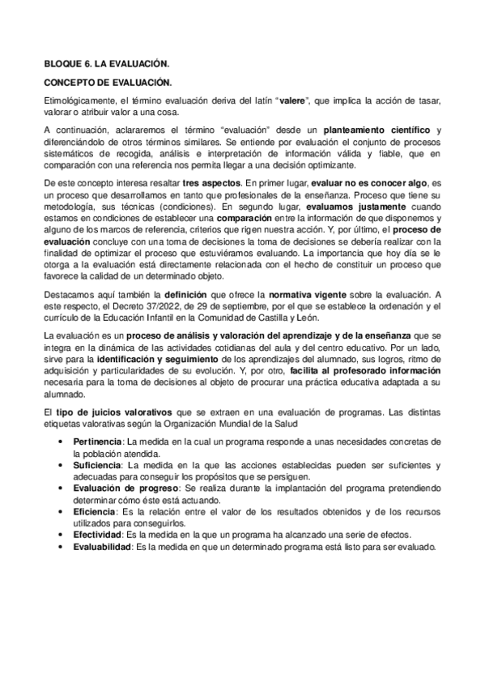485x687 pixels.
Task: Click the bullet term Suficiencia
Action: [x=96, y=466]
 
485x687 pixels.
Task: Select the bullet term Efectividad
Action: [x=97, y=536]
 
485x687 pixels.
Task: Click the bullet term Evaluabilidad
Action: [x=101, y=547]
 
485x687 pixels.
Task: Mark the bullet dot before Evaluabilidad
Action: [x=63, y=547]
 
